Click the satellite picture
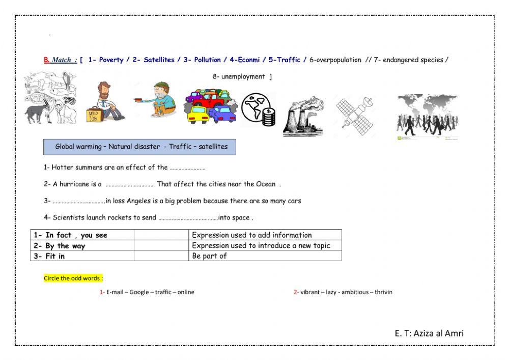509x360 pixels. pos(354,115)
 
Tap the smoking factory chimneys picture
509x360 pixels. pos(303,117)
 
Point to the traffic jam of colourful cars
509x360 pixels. pos(210,106)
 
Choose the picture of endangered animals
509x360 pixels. pos(50,98)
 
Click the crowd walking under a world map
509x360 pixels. pos(427,117)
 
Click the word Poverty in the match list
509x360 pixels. pos(111,60)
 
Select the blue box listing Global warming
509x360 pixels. pos(139,147)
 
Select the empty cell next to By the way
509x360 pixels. pos(161,245)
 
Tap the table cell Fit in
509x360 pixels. pos(82,256)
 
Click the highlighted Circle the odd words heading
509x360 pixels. pos(73,279)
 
